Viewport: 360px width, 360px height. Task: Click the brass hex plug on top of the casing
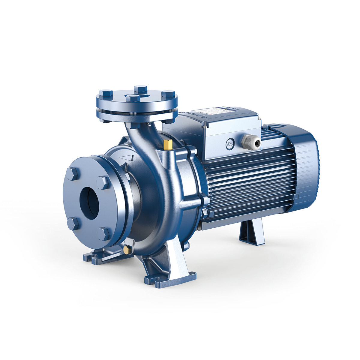[x=167, y=145]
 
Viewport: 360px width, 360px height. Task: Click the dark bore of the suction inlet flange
[x=89, y=203]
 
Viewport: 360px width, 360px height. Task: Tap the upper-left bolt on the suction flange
[x=73, y=174]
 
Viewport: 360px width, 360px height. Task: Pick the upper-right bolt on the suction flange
[x=103, y=182]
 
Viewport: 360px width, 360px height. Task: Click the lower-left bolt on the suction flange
[x=73, y=224]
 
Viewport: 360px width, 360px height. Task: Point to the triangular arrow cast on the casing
[x=128, y=157]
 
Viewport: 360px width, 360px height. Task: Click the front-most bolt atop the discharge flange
[x=132, y=98]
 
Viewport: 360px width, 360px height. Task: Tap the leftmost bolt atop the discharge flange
[x=106, y=93]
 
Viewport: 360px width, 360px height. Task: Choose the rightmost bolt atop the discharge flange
[x=168, y=94]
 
